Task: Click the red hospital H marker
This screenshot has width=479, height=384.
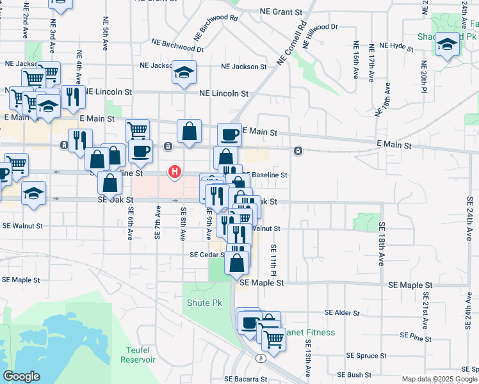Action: (174, 172)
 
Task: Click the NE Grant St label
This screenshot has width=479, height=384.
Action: (281, 12)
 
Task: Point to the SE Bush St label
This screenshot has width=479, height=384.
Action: (351, 374)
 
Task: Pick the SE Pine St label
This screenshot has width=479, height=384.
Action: (416, 335)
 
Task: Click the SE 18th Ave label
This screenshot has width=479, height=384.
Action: (382, 244)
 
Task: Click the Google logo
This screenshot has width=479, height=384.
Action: (21, 376)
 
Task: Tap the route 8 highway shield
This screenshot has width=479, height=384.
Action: (261, 358)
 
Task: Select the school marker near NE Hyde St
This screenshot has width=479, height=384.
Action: (448, 43)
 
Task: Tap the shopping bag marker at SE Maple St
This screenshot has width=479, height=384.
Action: (236, 262)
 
